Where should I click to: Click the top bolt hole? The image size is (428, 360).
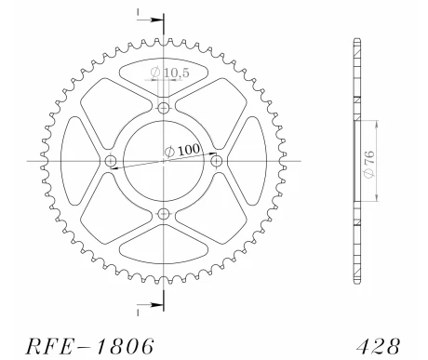coord(165,109)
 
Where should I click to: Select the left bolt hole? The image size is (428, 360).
coord(112,162)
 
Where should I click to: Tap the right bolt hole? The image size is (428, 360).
coord(218,162)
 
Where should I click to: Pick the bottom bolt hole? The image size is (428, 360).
coord(165,215)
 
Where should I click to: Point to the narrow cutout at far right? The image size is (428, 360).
coord(253,162)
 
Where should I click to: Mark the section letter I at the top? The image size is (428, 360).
coord(137,13)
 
